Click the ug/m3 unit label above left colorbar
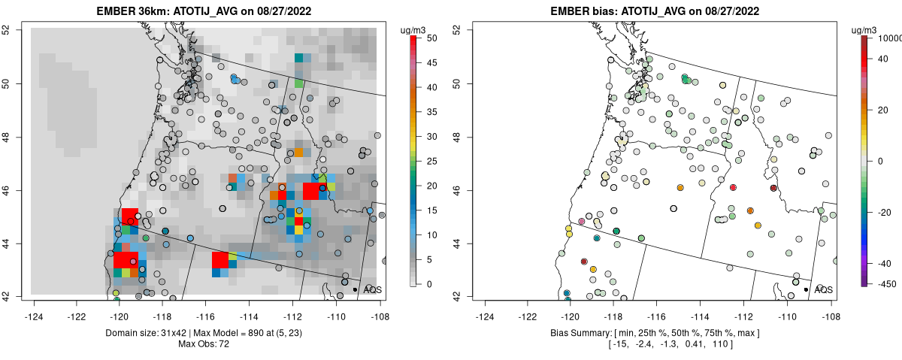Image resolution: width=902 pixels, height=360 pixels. (x=416, y=29)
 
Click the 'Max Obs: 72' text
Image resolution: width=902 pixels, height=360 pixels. (x=205, y=343)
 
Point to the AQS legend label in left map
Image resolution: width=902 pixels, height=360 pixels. (x=373, y=289)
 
